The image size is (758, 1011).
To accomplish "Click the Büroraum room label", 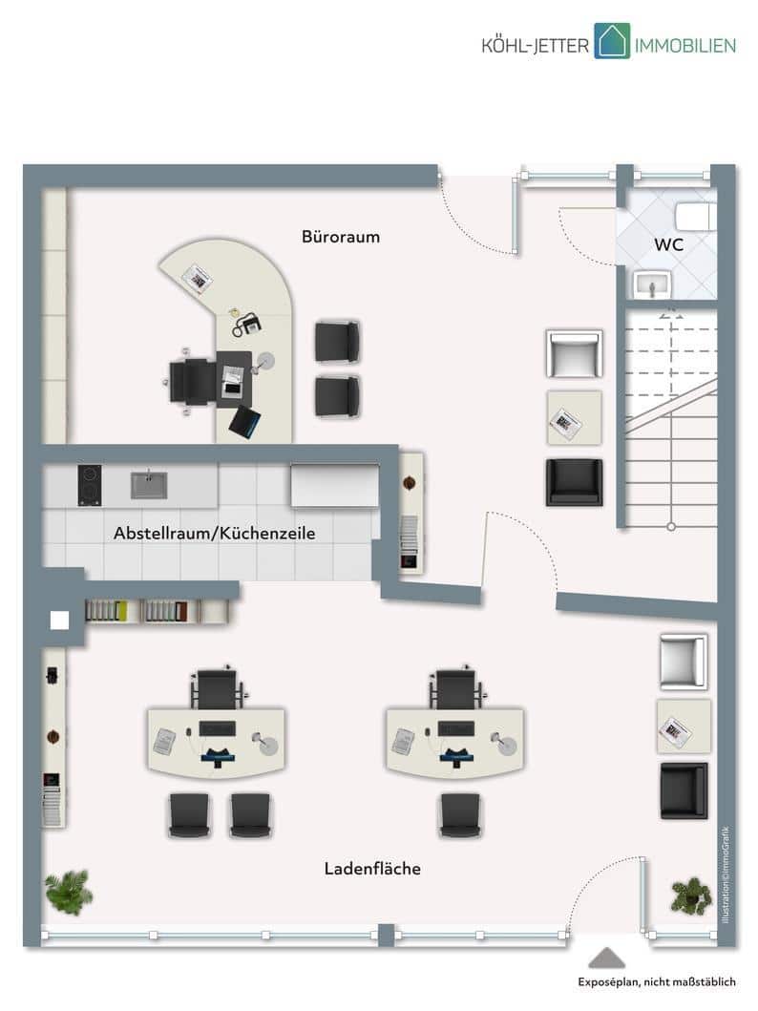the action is click(340, 237).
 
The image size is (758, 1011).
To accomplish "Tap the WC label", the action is click(668, 244).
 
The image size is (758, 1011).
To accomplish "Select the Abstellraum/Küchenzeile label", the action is click(214, 534).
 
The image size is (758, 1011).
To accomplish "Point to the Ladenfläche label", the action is click(372, 869).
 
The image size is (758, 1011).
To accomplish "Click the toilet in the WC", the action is click(696, 216).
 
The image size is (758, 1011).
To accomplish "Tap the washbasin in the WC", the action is click(652, 284).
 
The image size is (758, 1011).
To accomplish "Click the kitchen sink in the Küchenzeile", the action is click(149, 485).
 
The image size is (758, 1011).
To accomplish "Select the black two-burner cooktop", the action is click(90, 485).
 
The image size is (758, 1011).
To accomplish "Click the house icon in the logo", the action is click(612, 41).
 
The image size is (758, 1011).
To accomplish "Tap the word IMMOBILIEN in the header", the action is click(685, 46).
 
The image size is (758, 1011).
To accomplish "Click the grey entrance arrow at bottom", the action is click(606, 958).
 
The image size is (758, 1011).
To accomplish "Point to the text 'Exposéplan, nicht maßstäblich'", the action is click(656, 982).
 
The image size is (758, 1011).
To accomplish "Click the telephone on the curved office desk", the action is click(247, 323).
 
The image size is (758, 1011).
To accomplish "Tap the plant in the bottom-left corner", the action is click(69, 892).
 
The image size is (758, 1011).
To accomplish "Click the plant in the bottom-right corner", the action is click(691, 895).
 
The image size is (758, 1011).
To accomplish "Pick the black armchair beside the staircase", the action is click(575, 482).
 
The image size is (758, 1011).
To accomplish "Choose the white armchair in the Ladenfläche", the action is click(684, 662).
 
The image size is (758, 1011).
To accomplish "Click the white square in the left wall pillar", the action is click(60, 620).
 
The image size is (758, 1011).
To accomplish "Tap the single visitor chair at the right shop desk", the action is click(460, 815).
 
